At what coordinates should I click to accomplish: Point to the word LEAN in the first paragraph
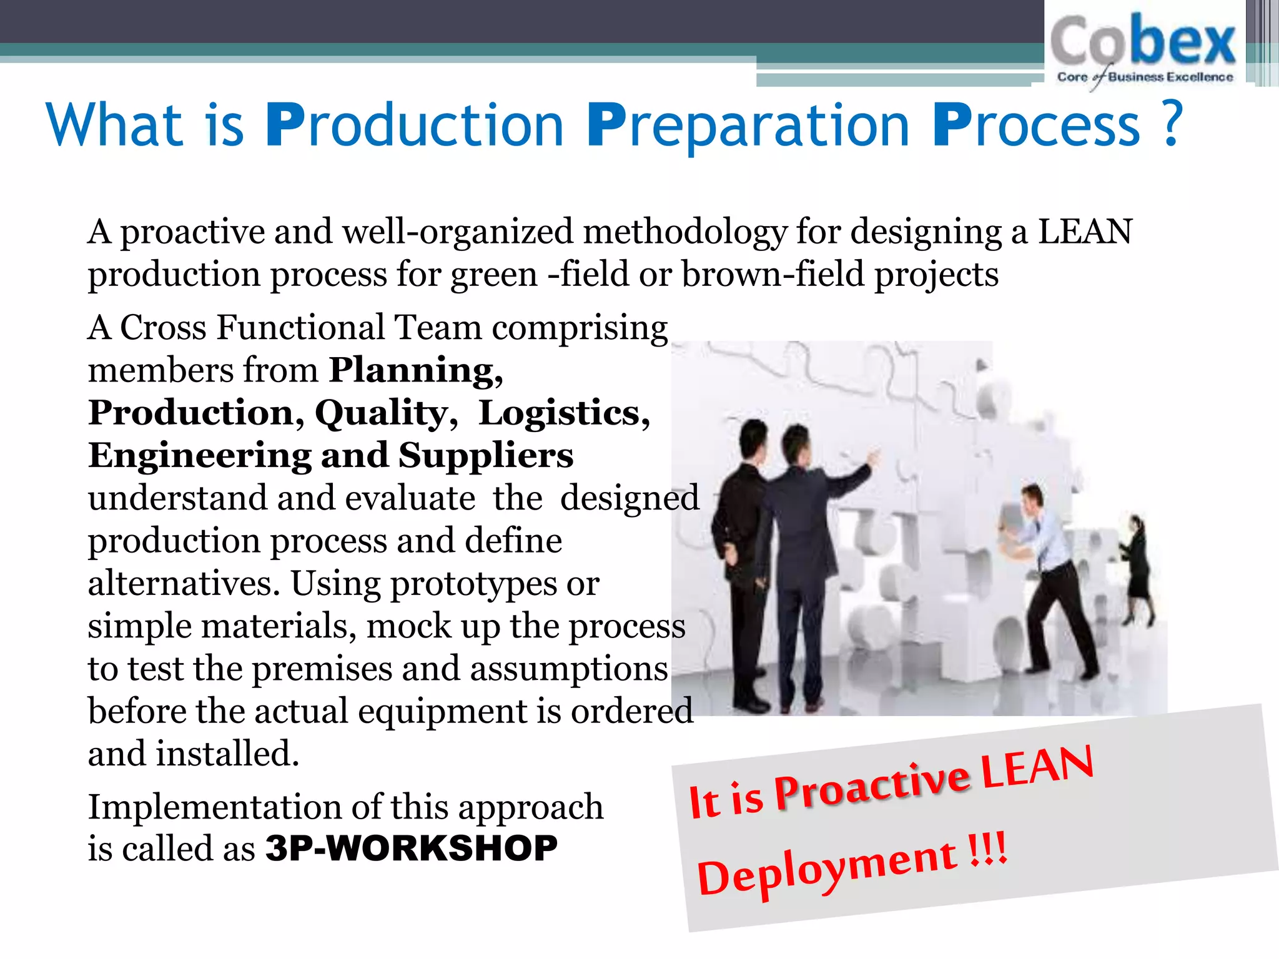click(x=1085, y=232)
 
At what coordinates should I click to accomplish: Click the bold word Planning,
click(x=416, y=371)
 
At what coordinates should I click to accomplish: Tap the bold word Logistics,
click(x=564, y=413)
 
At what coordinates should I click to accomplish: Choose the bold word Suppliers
click(x=486, y=455)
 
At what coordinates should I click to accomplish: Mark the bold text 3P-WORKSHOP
click(x=411, y=848)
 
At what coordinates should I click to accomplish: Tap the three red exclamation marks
click(x=988, y=849)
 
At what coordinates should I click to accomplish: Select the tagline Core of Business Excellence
click(x=1145, y=77)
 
